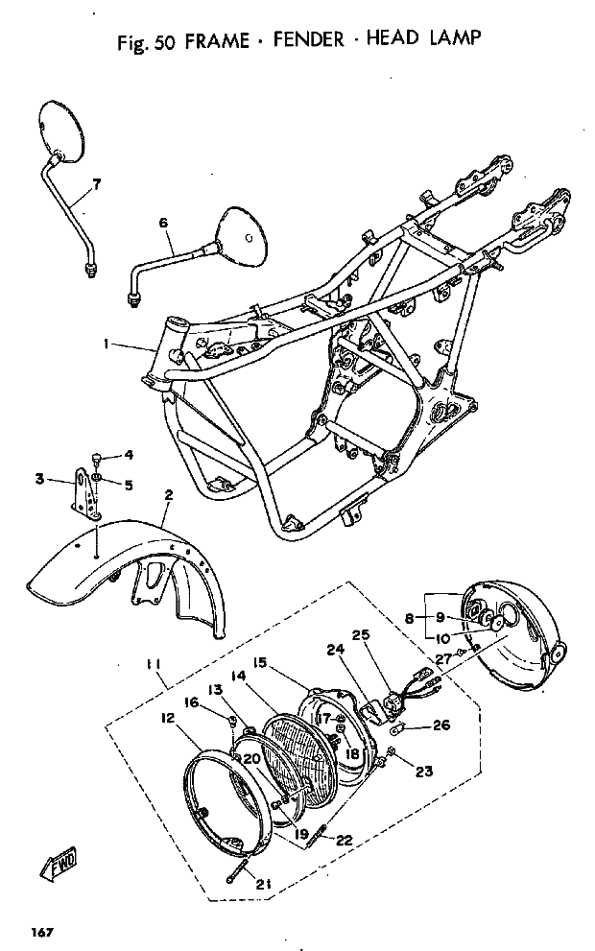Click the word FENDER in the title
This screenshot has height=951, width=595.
308,40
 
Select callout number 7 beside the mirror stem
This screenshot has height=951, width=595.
96,184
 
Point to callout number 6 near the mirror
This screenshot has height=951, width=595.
163,224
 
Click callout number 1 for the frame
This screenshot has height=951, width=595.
106,344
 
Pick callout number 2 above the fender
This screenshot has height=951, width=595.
169,495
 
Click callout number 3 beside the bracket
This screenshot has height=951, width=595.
39,480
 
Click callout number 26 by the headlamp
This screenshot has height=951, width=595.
441,725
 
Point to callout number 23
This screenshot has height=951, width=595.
424,772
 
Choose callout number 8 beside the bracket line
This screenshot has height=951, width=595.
410,619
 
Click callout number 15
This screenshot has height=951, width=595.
259,662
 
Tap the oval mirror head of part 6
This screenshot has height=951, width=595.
243,237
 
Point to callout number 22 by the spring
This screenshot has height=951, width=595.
344,841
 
